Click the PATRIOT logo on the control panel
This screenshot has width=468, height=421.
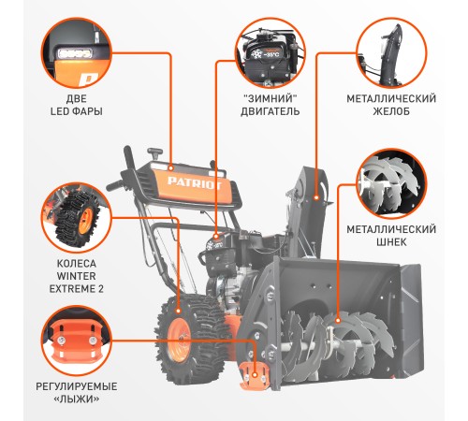[195, 183]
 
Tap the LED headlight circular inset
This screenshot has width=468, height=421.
[77, 53]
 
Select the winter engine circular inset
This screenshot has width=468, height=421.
[271, 53]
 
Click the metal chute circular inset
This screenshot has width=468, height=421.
[391, 53]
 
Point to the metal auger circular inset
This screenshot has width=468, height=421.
[391, 184]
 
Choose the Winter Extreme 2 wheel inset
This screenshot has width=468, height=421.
[77, 218]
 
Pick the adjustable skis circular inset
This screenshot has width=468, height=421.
[77, 341]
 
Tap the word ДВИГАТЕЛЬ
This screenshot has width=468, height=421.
[271, 111]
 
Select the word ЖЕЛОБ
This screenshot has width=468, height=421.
[391, 111]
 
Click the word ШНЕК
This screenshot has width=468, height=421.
[391, 242]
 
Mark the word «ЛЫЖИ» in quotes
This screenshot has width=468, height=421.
[77, 399]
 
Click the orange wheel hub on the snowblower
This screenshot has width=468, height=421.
[179, 340]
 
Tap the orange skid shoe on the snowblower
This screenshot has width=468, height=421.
[255, 376]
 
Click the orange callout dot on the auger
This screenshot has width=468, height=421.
[338, 321]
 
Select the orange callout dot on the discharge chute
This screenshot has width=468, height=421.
[316, 197]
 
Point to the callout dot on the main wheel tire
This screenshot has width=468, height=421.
[178, 311]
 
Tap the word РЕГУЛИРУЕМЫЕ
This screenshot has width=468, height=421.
[77, 386]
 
